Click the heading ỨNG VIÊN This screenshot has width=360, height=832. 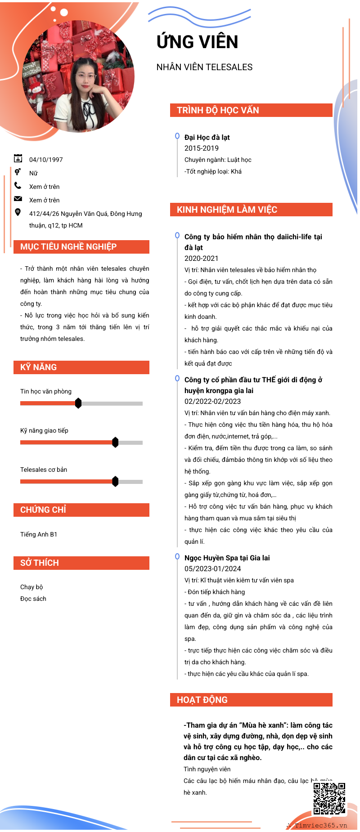(197, 42)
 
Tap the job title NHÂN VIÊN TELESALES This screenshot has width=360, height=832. (204, 67)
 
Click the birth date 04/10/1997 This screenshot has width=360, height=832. (46, 160)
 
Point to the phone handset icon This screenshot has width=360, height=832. (18, 185)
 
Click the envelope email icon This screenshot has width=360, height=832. (18, 199)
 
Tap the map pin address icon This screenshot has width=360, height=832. (18, 212)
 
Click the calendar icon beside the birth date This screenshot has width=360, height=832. (18, 158)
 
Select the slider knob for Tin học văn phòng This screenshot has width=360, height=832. (78, 403)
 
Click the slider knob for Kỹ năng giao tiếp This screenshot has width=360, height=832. (115, 442)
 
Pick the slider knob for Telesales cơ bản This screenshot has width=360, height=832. (115, 481)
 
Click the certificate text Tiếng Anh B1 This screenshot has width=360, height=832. (39, 534)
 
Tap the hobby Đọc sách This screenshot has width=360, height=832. (33, 599)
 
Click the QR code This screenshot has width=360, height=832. (329, 798)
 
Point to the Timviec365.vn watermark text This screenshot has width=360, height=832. (321, 825)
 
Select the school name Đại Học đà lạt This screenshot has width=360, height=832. (207, 137)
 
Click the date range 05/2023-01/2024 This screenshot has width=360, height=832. (213, 568)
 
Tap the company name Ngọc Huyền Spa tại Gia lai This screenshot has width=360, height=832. (227, 558)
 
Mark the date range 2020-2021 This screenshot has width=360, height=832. (201, 258)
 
